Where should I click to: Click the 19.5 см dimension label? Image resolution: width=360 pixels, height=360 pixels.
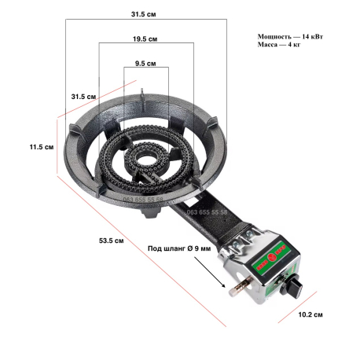[x=145, y=39]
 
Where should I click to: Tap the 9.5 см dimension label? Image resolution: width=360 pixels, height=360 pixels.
[x=145, y=64]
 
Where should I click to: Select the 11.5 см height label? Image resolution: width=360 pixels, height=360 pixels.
[x=42, y=147]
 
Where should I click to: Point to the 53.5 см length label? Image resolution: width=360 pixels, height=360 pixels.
[x=112, y=241]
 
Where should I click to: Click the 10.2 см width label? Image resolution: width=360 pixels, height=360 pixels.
[x=310, y=314]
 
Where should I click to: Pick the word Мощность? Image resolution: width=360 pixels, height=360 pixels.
[x=274, y=36]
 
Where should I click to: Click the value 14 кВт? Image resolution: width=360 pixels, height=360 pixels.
[x=312, y=36]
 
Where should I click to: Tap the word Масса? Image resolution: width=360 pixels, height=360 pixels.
[x=267, y=45]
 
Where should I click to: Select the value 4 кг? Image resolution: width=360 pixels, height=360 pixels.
[x=294, y=45]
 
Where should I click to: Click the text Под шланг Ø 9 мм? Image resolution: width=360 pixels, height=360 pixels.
[x=179, y=248]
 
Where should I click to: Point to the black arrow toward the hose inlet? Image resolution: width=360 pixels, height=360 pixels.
[x=210, y=272]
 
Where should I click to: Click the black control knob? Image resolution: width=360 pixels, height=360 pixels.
[x=291, y=287]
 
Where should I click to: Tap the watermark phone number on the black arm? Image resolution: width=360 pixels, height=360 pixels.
[x=207, y=212]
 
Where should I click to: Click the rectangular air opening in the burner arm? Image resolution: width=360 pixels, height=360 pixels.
[x=192, y=202]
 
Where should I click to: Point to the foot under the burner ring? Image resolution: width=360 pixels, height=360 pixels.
[x=151, y=212]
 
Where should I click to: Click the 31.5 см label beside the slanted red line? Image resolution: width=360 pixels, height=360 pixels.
[x=83, y=97]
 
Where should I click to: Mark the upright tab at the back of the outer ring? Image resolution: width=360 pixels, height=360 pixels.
[x=142, y=100]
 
